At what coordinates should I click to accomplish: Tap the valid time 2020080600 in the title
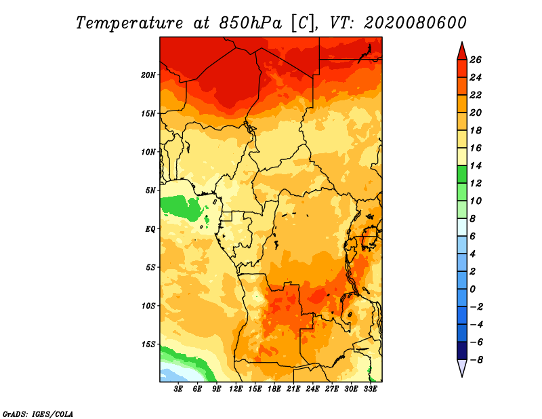(415, 22)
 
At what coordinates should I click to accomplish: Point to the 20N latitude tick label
(149, 75)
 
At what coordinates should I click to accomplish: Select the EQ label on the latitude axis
(150, 228)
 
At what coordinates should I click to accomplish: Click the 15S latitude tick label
(149, 344)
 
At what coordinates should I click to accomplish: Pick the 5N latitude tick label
(151, 190)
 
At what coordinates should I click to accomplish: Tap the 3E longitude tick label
(179, 389)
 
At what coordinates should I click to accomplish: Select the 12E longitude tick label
(236, 389)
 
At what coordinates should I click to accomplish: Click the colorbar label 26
(475, 60)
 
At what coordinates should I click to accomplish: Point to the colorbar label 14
(475, 165)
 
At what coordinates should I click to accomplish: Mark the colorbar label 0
(475, 289)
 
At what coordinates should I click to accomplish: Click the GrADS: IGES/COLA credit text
(37, 413)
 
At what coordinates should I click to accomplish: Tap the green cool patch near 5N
(183, 206)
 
